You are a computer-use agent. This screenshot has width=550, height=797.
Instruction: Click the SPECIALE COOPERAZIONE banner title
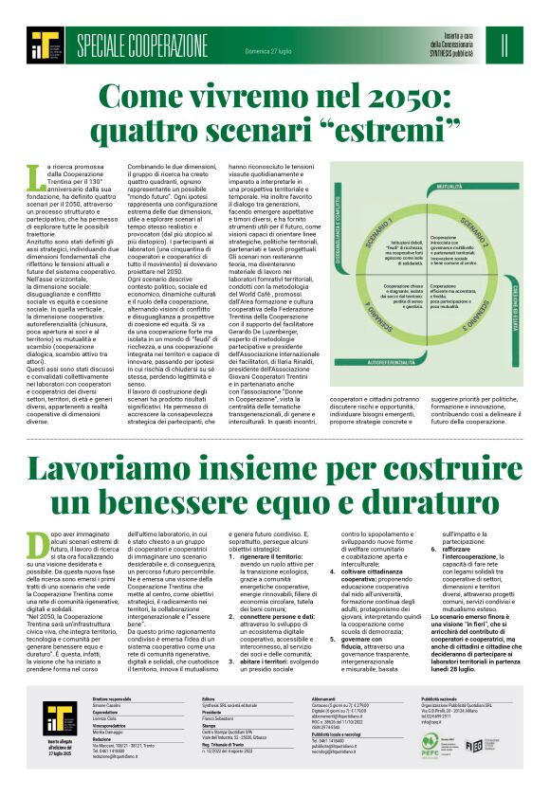tap(142, 45)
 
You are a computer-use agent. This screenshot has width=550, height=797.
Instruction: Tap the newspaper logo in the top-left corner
tap(44, 45)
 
